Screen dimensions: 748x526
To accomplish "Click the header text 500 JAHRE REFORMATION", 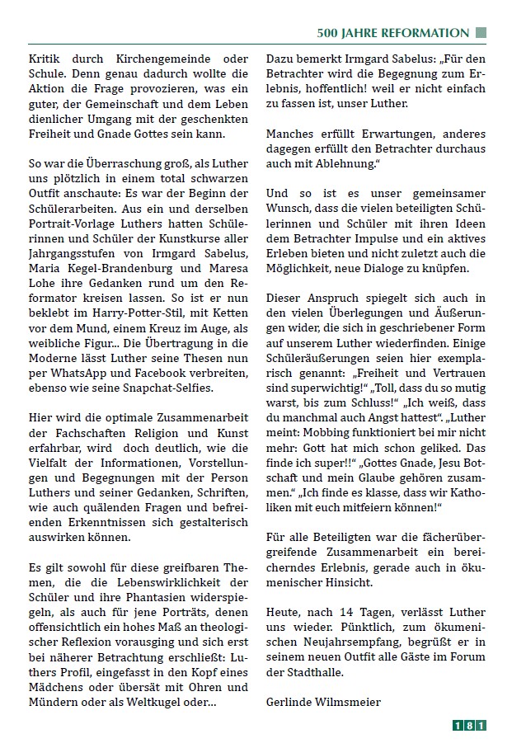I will (x=393, y=33).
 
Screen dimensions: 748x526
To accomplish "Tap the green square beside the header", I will (x=481, y=33).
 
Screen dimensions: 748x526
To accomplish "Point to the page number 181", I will (x=470, y=726).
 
